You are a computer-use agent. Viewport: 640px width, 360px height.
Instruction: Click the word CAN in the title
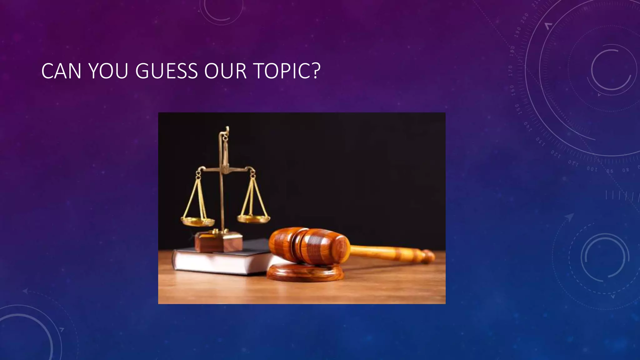coord(61,71)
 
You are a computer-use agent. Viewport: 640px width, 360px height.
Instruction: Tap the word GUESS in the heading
coord(166,71)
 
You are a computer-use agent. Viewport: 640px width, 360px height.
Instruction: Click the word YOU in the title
coord(108,71)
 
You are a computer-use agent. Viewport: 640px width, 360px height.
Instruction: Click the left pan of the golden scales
coord(198,222)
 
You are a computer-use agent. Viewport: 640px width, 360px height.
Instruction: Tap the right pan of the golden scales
coord(253,218)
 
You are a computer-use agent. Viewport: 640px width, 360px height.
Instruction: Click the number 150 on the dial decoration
coord(517,109)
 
